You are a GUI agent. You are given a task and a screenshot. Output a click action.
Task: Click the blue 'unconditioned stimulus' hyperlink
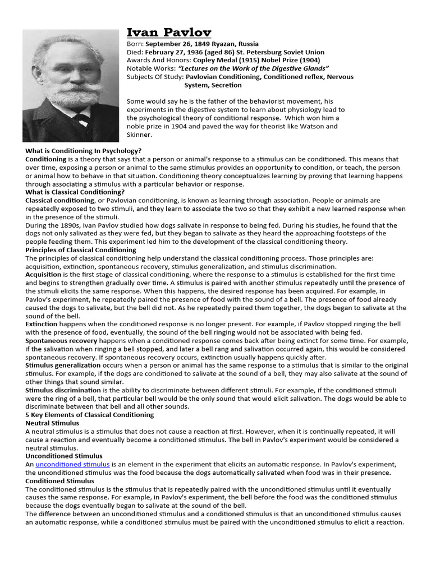pos(72,464)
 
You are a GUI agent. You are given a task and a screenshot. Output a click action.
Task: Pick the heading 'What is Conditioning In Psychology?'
pos(83,151)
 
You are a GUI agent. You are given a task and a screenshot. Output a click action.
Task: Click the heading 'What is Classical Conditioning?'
pos(75,192)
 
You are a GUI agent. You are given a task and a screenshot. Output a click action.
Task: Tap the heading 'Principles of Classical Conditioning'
pos(80,249)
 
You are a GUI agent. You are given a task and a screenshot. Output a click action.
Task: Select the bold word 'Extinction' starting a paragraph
pos(42,324)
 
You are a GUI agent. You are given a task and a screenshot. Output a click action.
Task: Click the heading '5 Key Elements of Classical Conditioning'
pos(89,415)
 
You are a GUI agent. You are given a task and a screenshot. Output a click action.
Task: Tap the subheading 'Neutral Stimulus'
pos(52,423)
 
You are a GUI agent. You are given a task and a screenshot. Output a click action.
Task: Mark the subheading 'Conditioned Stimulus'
pos(60,481)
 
